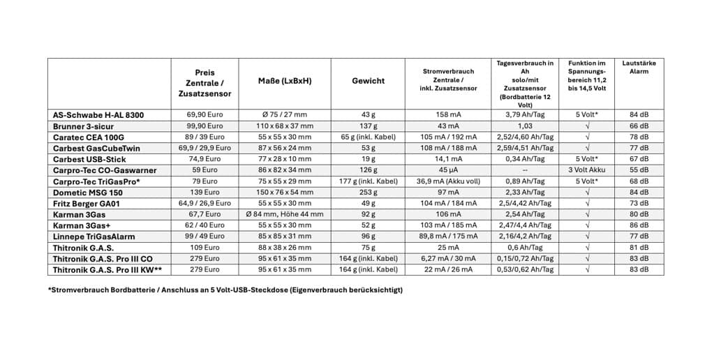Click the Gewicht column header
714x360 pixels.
click(x=368, y=81)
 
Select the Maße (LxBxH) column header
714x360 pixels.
click(x=285, y=81)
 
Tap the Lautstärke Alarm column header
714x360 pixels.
click(x=639, y=67)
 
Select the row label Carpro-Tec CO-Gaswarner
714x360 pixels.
click(x=105, y=170)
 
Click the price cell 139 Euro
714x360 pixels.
click(x=204, y=192)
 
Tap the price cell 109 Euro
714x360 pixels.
click(x=204, y=248)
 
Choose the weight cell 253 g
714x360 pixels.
click(x=368, y=192)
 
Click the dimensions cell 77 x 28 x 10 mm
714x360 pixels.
click(x=285, y=159)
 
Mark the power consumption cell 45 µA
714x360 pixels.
click(x=448, y=170)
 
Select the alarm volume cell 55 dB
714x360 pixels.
click(x=639, y=170)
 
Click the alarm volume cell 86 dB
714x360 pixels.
click(x=639, y=225)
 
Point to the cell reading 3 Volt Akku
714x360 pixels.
click(x=587, y=170)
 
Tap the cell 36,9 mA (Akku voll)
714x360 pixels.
click(x=448, y=181)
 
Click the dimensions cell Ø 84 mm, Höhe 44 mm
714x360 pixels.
click(x=285, y=214)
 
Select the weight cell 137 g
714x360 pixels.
click(x=368, y=126)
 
